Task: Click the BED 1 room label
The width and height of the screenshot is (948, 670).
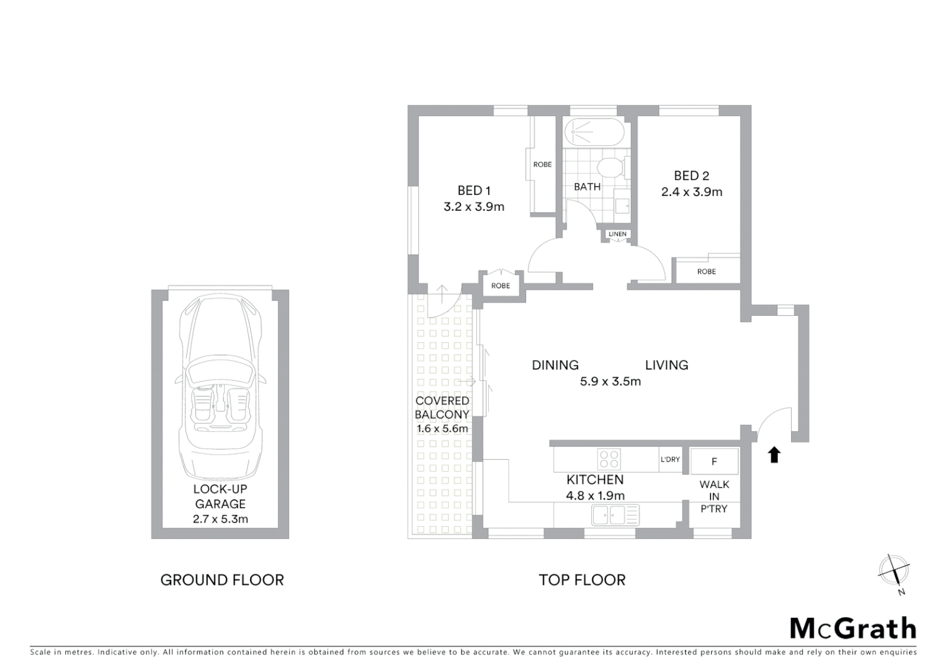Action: (474, 190)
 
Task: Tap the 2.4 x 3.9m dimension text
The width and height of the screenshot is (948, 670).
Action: (691, 192)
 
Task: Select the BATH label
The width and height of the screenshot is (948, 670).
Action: (586, 187)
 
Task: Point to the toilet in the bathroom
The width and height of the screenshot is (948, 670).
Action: (610, 167)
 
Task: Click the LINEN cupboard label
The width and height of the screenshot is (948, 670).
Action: (617, 234)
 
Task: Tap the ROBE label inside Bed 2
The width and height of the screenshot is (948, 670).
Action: (706, 272)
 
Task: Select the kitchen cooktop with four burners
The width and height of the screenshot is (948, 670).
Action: (609, 459)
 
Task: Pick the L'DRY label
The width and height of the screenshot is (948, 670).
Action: (670, 460)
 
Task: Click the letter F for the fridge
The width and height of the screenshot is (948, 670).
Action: (714, 462)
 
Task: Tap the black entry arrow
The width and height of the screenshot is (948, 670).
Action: (774, 455)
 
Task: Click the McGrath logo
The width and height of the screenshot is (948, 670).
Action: (853, 628)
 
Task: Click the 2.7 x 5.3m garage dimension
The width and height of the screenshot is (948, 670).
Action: (220, 519)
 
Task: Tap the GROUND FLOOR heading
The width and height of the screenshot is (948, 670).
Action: (222, 580)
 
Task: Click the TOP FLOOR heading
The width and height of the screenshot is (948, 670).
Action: (582, 580)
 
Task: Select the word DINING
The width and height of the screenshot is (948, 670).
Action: (555, 365)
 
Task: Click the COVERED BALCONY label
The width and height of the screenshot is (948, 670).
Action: (442, 408)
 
